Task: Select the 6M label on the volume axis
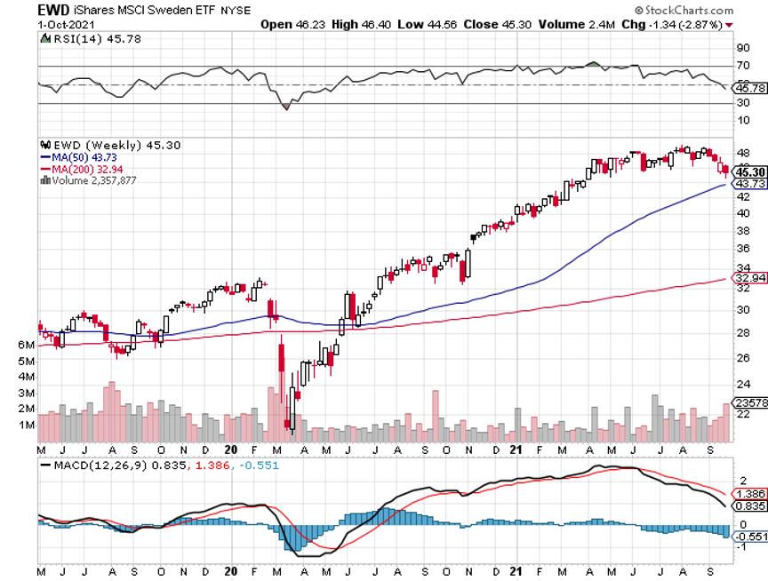(x=26, y=345)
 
